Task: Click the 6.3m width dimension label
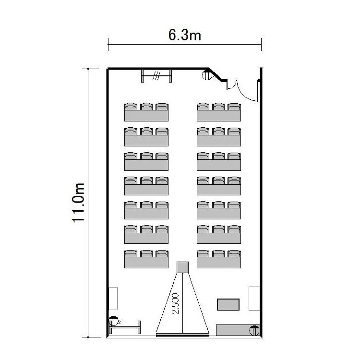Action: pos(185,35)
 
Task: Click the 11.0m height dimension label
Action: pos(79,203)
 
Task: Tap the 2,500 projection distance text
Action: pos(175,303)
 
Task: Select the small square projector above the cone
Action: pos(182,267)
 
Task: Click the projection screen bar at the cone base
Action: pos(182,335)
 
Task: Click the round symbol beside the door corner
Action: pos(207,75)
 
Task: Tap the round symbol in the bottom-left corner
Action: pos(113,321)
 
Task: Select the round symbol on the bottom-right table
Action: pos(254,331)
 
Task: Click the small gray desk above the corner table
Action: pos(228,304)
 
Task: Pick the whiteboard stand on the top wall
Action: pos(156,75)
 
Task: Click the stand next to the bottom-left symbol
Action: pos(125,327)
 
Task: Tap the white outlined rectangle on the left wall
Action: pos(113,298)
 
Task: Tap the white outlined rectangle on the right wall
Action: pos(254,299)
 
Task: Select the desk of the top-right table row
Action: pos(219,116)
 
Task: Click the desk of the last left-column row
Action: pos(146,263)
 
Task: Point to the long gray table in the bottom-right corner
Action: pos(238,330)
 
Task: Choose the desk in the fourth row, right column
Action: pos(219,190)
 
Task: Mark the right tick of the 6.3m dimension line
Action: pos(261,44)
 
